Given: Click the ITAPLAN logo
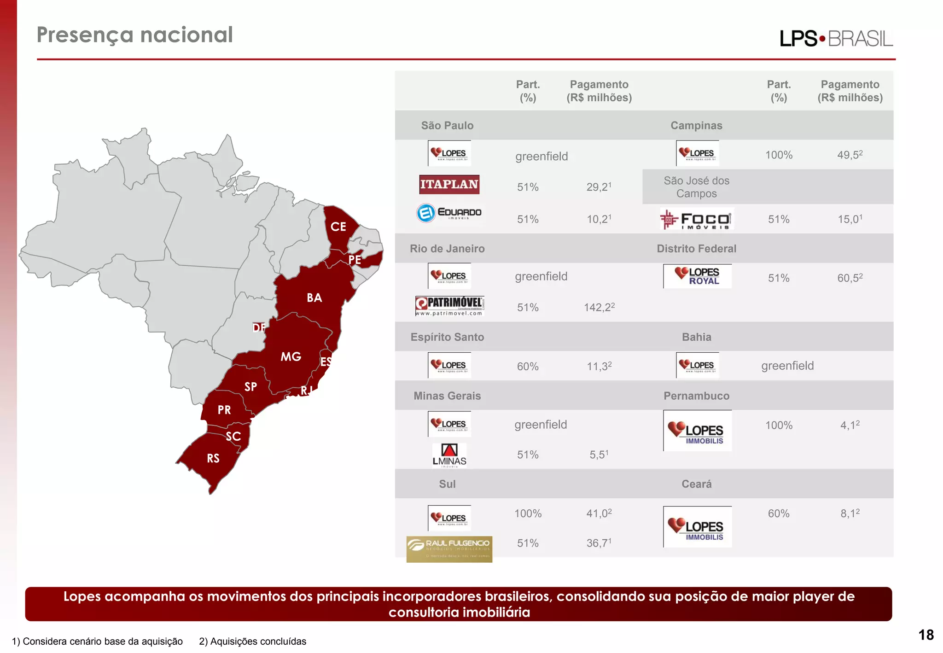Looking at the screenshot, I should click(x=449, y=184).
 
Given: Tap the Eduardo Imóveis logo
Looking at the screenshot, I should click(x=449, y=213).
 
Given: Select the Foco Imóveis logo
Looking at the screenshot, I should click(x=696, y=219).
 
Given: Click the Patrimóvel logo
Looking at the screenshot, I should click(x=449, y=306).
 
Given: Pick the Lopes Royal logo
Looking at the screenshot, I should click(x=697, y=276).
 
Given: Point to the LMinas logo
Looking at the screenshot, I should click(x=449, y=455).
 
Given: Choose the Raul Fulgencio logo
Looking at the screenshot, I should click(x=449, y=549).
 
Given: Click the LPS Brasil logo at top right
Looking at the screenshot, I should click(x=836, y=39).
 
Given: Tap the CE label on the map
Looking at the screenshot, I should click(x=338, y=227).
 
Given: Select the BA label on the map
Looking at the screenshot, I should click(x=314, y=298).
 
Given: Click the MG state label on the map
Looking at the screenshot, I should click(x=291, y=356).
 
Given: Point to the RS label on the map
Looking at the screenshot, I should click(x=213, y=458).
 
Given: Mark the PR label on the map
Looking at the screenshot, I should click(x=224, y=410).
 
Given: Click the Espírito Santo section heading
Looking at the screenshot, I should click(x=447, y=337).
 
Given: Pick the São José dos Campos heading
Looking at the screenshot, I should click(x=696, y=187).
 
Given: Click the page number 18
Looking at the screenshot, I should click(x=926, y=635).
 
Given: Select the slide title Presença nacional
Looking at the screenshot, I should click(x=135, y=35).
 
